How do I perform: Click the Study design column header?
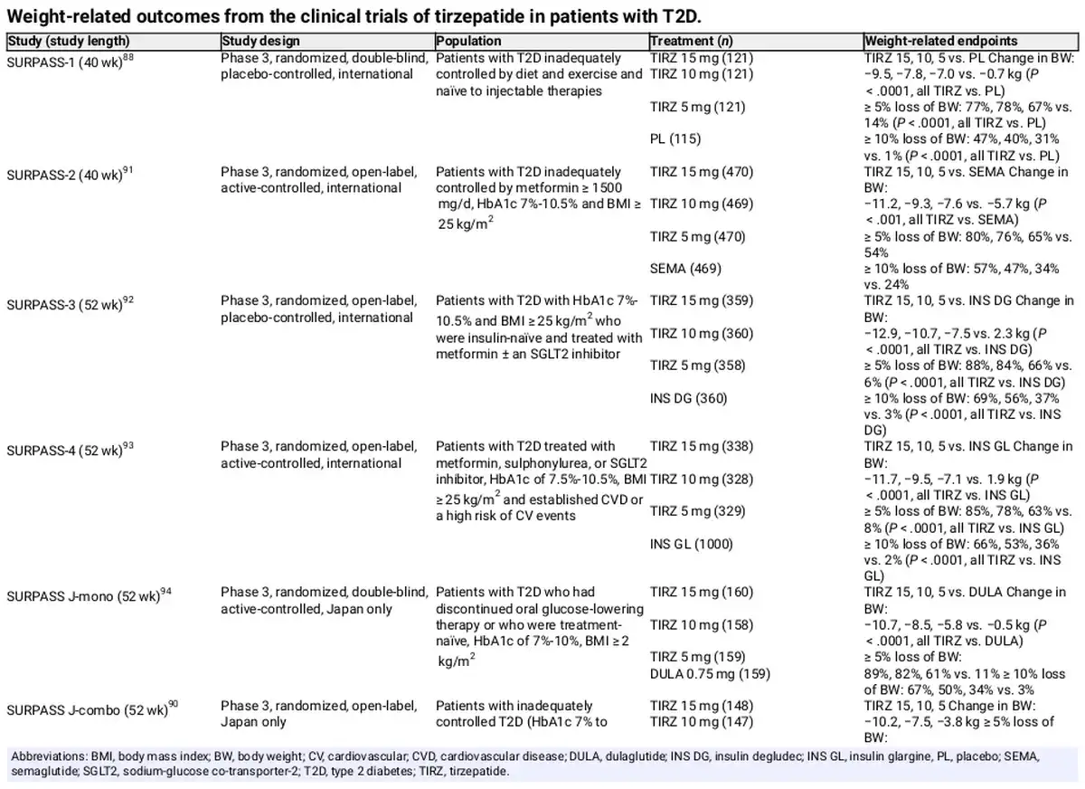click(x=260, y=41)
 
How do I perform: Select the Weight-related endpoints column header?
click(x=940, y=41)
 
